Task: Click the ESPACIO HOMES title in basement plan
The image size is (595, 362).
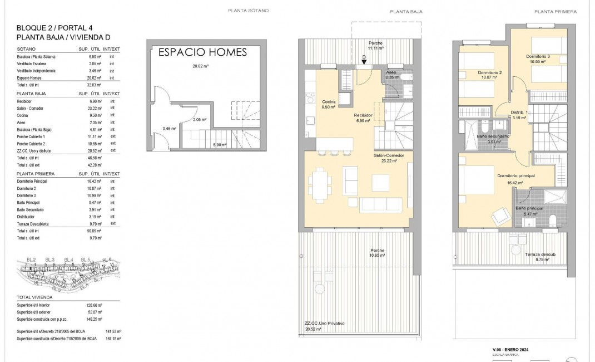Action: coord(202,52)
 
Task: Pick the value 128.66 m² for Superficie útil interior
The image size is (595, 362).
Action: coord(96,305)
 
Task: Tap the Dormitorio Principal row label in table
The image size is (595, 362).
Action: coord(32,182)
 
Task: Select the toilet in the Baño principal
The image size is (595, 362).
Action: coord(552,222)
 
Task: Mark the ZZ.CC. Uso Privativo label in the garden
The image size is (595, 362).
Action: coord(325,323)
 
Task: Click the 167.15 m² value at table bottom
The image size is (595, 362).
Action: coord(113,338)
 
